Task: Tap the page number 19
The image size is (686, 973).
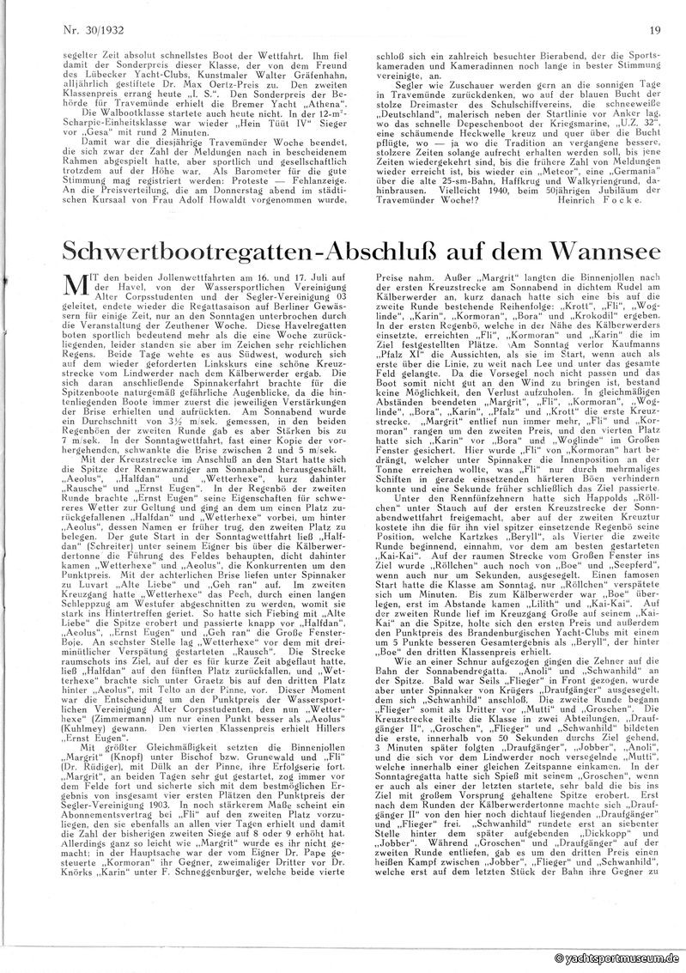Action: (x=655, y=32)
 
